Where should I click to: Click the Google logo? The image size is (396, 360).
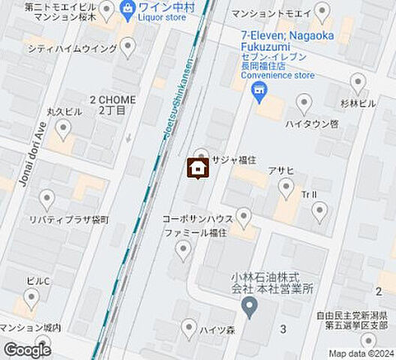pos(27,349)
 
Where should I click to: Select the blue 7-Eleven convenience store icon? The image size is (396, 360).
pos(259,94)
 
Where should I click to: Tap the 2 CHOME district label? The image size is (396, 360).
pos(112,104)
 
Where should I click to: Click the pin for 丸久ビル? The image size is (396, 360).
pos(63,130)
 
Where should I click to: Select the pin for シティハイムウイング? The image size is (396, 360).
pos(128,48)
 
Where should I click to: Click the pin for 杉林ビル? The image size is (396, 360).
pos(358,82)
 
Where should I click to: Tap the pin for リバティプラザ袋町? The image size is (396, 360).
pos(47,199)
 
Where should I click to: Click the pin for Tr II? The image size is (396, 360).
pos(320,212)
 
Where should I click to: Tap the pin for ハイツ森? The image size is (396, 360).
pos(189,328)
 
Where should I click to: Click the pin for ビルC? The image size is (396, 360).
pos(31,298)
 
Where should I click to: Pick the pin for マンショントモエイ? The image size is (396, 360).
pos(322,11)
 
